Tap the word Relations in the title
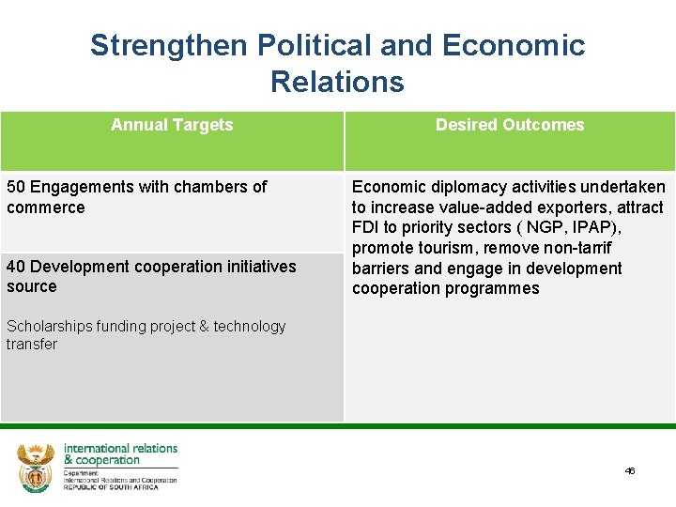pos(337,82)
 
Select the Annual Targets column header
pos(172,125)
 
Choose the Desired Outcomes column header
pos(510,125)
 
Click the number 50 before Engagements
pos(16,187)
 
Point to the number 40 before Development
pos(16,267)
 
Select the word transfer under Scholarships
pos(31,345)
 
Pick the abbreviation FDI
pos(365,228)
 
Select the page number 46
pos(630,470)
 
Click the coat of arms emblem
pos(36,467)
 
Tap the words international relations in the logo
pos(120,449)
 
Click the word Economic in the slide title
pos(513,45)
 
